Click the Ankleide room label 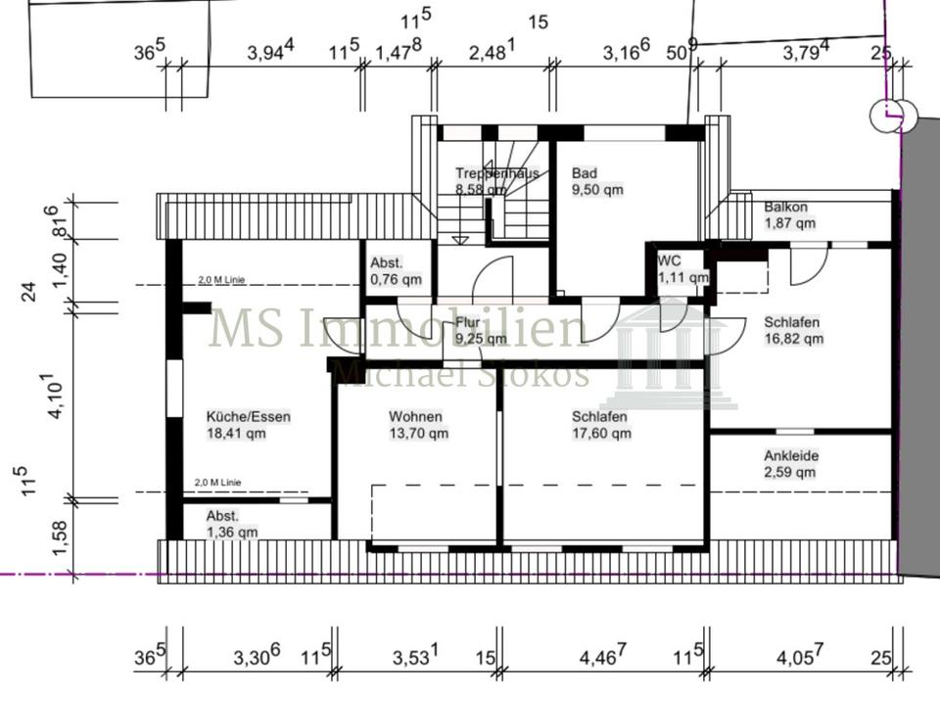(791, 463)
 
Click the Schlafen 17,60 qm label (601, 424)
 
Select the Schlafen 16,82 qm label (793, 330)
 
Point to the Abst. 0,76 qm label (396, 270)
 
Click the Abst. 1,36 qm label (231, 524)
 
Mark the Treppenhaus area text (497, 181)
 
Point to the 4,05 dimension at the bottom (800, 656)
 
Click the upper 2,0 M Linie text (219, 280)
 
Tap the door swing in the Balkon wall (809, 265)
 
